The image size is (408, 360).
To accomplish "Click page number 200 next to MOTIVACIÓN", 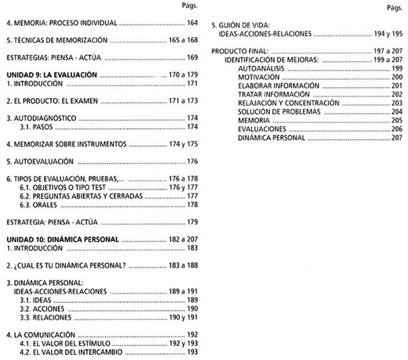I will pyautogui.click(x=397, y=77).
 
